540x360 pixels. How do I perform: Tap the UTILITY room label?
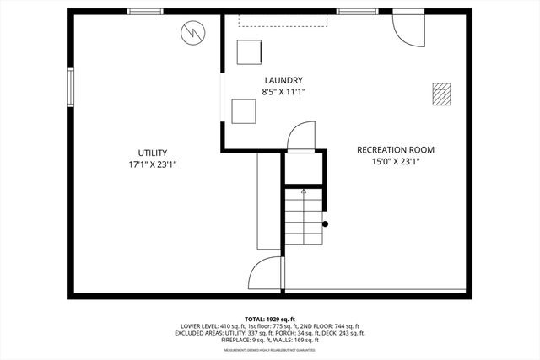pos(153,153)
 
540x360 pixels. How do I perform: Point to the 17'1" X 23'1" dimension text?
pos(153,164)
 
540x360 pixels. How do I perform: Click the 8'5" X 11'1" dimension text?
pos(283,92)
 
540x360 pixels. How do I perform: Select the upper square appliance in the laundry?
pos(249,51)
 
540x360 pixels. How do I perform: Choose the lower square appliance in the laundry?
pos(244,111)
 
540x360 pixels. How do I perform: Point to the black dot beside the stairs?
pos(326,224)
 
